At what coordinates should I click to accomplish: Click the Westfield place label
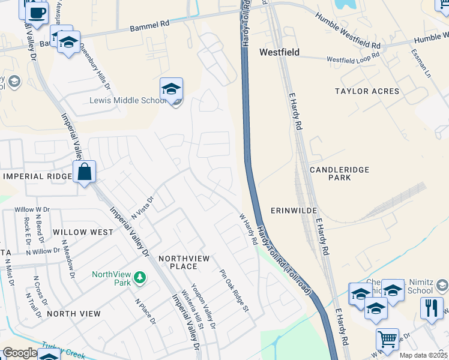coord(279,52)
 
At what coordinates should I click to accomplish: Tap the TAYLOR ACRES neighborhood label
coord(367,91)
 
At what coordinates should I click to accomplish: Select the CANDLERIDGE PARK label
coord(339,174)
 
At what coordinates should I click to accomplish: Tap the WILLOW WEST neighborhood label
coord(82,232)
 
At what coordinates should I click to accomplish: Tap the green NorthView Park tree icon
coord(140,278)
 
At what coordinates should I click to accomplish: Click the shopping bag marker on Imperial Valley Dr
coord(85,172)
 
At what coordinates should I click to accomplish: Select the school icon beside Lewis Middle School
coord(171,89)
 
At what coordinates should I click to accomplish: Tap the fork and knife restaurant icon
coord(432,308)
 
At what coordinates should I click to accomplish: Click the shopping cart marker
coord(387,339)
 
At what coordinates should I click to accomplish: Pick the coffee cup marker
coord(37,13)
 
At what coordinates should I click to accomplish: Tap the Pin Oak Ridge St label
coord(234,291)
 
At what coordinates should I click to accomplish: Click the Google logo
coord(20,353)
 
